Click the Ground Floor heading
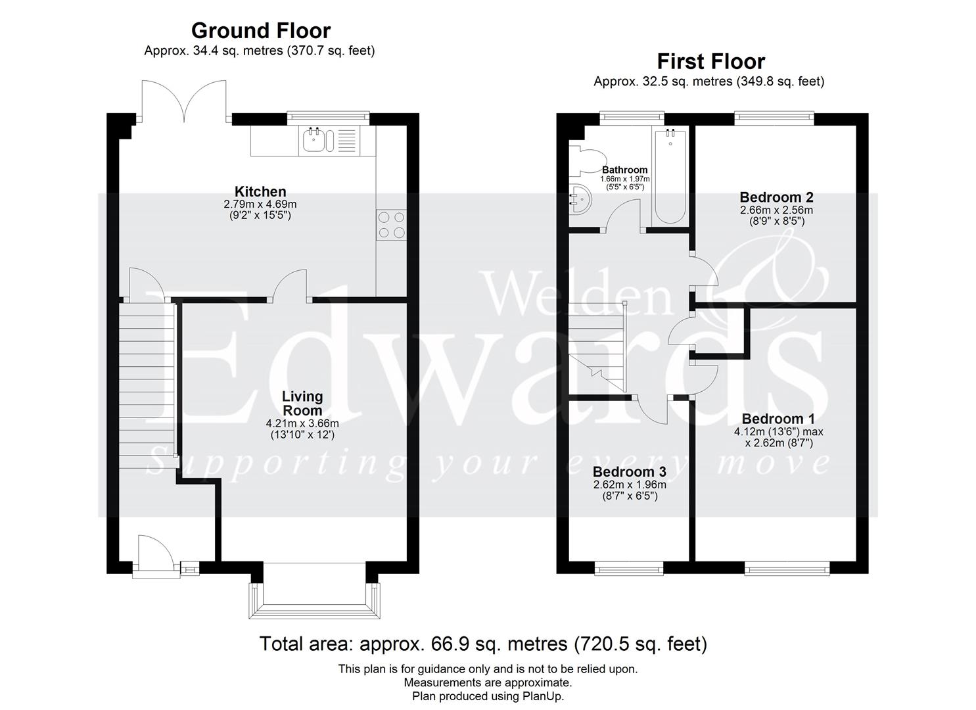pos(260,31)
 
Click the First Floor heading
pos(711,62)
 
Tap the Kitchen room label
pos(260,192)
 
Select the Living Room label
pos(302,402)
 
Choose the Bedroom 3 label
pos(629,472)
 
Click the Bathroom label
pos(625,170)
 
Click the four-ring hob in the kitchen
pos(391,224)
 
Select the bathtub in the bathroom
pos(670,177)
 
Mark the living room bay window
pos(314,595)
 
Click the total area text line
pos(483,644)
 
